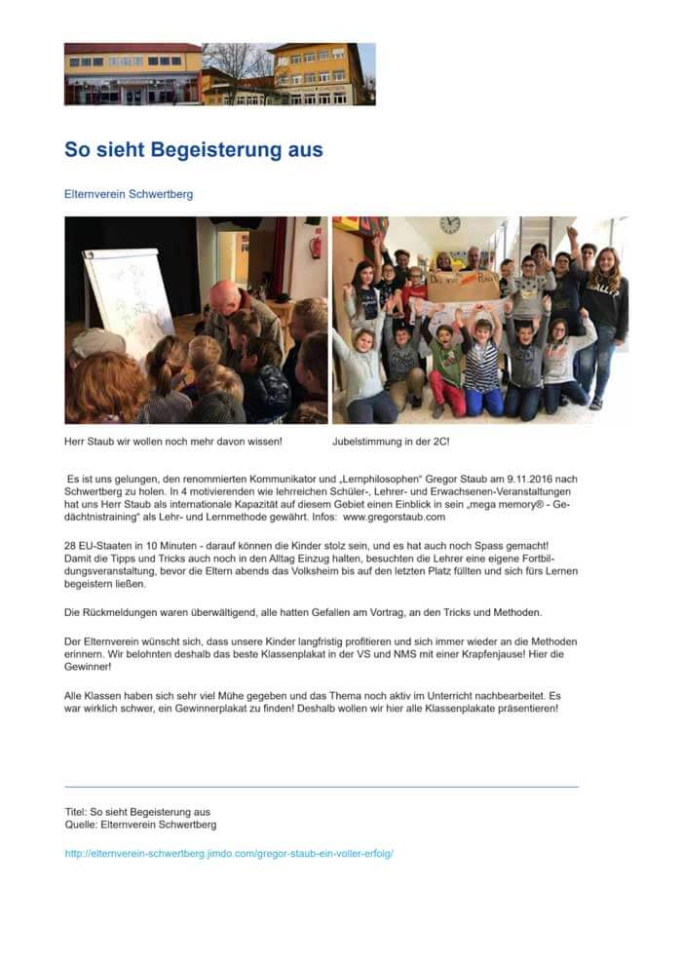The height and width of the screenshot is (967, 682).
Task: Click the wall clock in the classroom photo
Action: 449,225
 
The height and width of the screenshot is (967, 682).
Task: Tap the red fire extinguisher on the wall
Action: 316,245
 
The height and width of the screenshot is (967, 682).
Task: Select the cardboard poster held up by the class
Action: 463,287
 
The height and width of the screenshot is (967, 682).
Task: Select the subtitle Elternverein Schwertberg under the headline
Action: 129,194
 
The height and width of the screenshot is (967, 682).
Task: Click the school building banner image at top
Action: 219,74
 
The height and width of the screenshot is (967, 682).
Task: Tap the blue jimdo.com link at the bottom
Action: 228,853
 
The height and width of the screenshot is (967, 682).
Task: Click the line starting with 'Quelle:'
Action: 140,825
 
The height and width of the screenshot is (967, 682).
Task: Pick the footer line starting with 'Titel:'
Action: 137,811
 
